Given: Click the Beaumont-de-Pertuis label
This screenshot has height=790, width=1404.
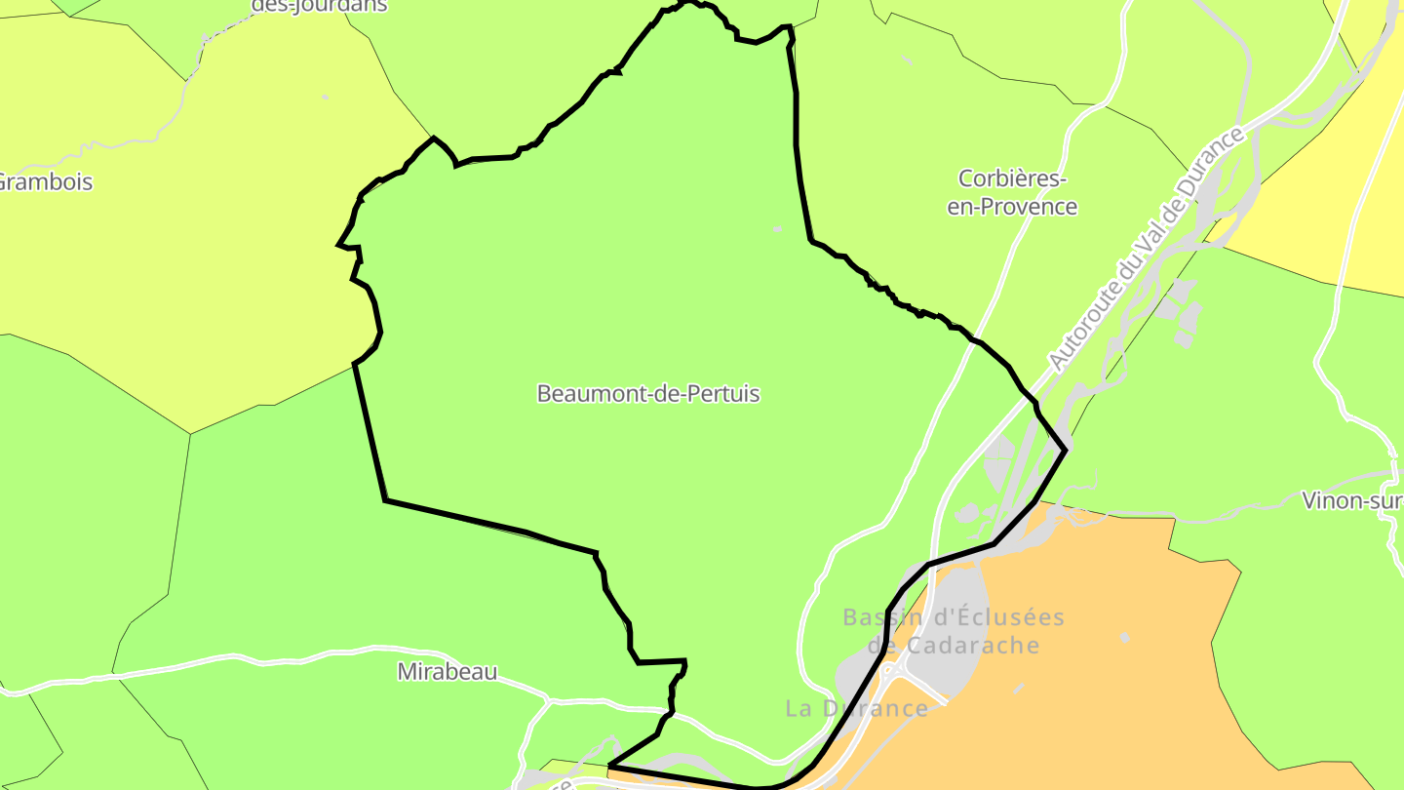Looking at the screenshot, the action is click(648, 394).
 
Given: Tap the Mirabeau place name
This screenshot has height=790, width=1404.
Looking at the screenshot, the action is click(448, 672).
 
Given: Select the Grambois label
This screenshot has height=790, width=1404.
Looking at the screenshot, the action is click(45, 182).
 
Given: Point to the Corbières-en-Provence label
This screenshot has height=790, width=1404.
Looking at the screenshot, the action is click(1012, 193).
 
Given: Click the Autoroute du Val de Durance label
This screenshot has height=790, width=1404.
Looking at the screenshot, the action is click(1147, 250).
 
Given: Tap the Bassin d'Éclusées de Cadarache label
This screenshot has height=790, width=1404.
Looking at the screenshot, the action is click(954, 631).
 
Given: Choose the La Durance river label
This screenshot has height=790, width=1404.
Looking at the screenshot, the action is click(857, 709).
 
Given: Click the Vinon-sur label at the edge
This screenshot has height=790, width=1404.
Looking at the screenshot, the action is click(1353, 501).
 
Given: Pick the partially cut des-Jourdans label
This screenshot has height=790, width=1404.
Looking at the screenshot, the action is click(320, 6).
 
